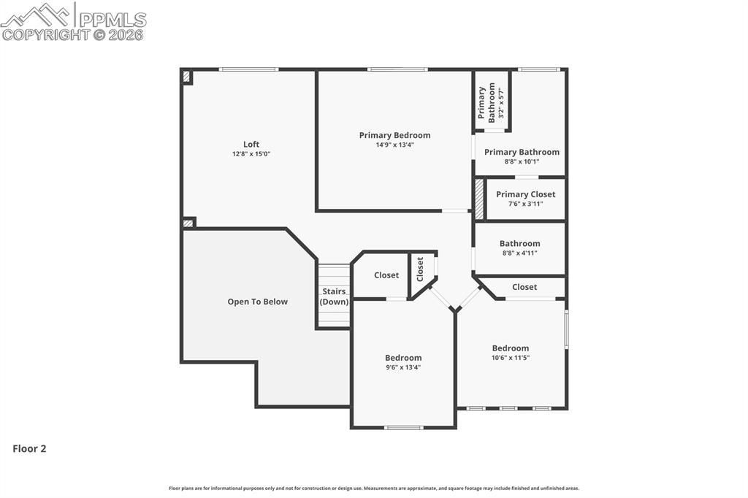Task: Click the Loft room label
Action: tap(251, 144)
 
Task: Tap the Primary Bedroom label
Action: tap(394, 135)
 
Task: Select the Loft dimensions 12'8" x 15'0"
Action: tap(251, 154)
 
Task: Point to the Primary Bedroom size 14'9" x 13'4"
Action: tap(394, 145)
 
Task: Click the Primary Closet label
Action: tap(525, 194)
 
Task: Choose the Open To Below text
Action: tap(257, 302)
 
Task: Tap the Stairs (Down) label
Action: tap(334, 296)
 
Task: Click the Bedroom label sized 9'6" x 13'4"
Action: tap(403, 358)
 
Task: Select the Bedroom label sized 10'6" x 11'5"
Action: tap(510, 348)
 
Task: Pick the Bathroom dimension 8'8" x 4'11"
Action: tap(519, 253)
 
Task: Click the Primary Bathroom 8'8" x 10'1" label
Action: tap(522, 153)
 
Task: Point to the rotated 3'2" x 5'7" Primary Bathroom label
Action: tap(492, 101)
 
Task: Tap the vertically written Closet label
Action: tap(420, 269)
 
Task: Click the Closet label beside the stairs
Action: tap(386, 275)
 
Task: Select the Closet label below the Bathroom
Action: tap(524, 287)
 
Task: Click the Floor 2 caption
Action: tap(29, 449)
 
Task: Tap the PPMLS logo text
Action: tap(112, 19)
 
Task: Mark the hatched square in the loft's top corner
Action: tap(186, 76)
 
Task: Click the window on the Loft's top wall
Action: tap(248, 69)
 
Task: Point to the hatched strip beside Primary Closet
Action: tap(479, 199)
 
